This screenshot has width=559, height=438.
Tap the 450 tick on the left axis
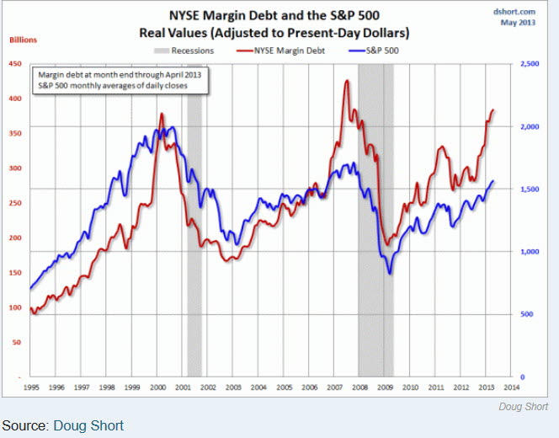click(x=17, y=64)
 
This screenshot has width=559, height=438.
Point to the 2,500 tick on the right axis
click(x=530, y=64)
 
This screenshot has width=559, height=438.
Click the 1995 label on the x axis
click(x=30, y=387)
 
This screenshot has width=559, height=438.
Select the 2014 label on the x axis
click(x=510, y=387)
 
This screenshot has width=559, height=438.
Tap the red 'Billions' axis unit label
click(x=24, y=40)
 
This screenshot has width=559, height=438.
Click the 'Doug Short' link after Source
click(x=88, y=425)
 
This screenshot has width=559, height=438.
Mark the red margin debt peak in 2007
click(x=347, y=81)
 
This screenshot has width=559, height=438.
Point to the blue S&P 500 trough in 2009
click(x=390, y=273)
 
